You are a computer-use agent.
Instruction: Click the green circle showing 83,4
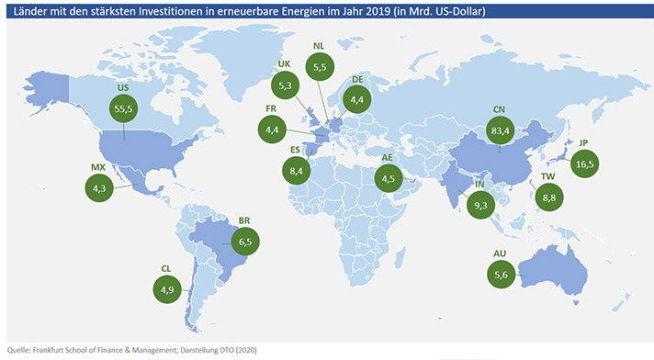(500, 130)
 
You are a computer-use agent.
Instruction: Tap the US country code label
(123, 87)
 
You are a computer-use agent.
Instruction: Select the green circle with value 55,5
(123, 108)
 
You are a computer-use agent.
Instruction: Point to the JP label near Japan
(583, 142)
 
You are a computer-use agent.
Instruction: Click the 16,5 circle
(585, 163)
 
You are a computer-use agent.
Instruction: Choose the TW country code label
(547, 176)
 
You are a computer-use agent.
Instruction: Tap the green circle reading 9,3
(481, 205)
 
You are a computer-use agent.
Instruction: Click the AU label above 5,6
(500, 253)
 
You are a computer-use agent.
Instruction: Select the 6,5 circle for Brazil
(245, 242)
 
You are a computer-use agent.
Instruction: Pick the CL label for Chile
(166, 269)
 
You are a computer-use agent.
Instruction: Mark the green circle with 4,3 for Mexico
(99, 188)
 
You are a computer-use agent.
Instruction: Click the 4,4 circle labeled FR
(272, 129)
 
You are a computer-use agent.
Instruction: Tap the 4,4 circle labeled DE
(356, 100)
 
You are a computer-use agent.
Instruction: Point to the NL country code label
(319, 46)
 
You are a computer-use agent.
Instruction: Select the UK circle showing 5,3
(286, 85)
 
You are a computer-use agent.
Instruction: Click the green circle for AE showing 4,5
(389, 178)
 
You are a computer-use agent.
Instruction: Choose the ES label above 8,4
(295, 150)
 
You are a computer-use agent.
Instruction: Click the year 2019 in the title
(378, 11)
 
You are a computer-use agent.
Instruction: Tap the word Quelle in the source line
(18, 350)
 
